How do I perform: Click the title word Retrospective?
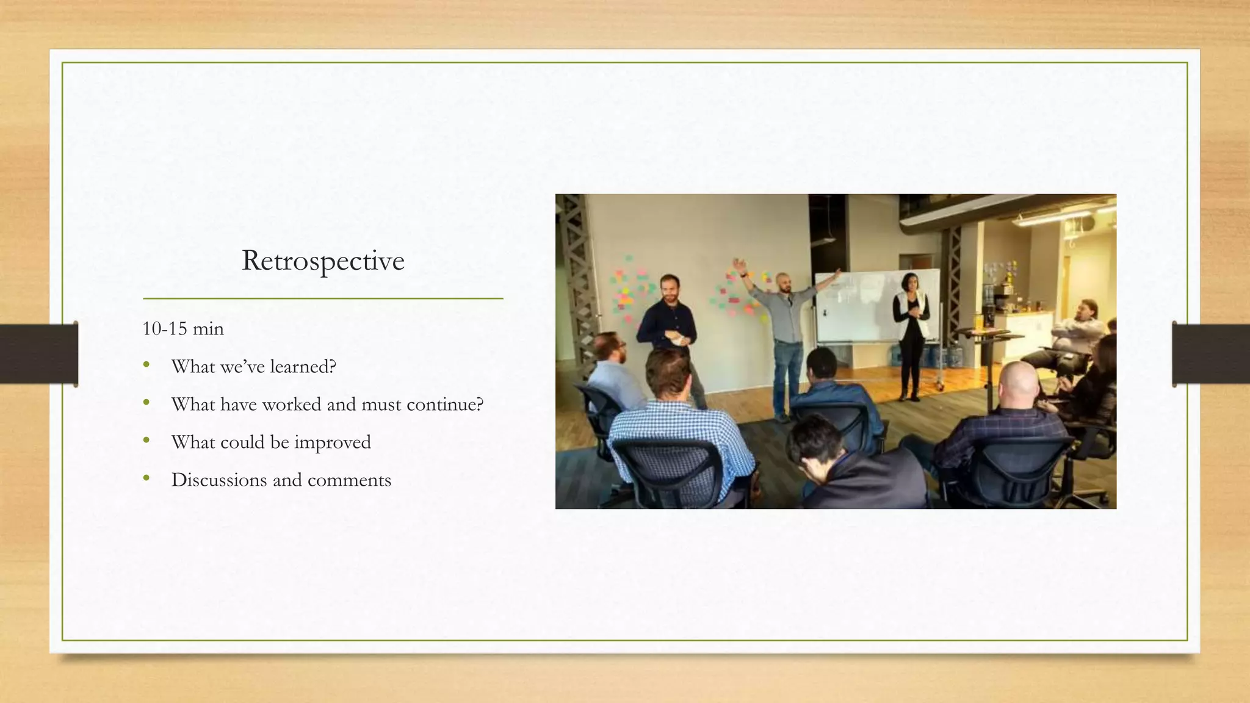(323, 261)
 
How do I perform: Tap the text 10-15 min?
(183, 329)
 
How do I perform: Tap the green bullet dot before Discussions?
(146, 478)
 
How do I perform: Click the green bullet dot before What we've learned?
(146, 365)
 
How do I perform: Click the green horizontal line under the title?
(323, 298)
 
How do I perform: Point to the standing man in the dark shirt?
(668, 323)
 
